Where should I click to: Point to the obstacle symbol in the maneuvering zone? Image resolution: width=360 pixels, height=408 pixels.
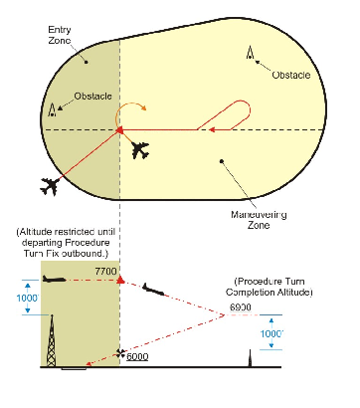click(x=248, y=53)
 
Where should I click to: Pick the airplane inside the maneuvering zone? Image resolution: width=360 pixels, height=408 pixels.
click(x=141, y=150)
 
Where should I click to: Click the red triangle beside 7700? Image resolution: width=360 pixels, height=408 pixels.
click(x=120, y=280)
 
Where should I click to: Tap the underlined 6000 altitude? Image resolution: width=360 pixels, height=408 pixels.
click(x=137, y=355)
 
